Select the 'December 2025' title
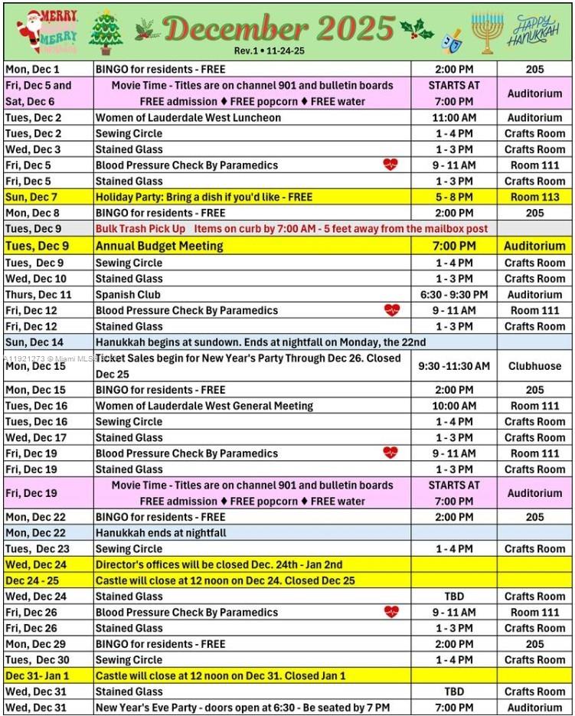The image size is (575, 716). pyautogui.click(x=279, y=29)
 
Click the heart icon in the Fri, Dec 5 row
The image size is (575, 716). pyautogui.click(x=390, y=165)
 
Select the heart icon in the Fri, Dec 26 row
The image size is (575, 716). pyautogui.click(x=391, y=612)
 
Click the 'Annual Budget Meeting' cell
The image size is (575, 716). pyautogui.click(x=159, y=246)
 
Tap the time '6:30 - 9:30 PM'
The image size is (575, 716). pyautogui.click(x=454, y=294)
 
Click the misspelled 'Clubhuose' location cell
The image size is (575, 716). pyautogui.click(x=534, y=366)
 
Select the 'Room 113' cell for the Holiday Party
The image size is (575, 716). pyautogui.click(x=534, y=197)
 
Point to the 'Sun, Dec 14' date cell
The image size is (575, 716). pyautogui.click(x=34, y=342)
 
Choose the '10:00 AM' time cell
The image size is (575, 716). pyautogui.click(x=454, y=406)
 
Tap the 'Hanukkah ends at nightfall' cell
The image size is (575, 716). pyautogui.click(x=161, y=532)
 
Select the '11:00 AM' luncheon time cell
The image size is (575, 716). pyautogui.click(x=454, y=117)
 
